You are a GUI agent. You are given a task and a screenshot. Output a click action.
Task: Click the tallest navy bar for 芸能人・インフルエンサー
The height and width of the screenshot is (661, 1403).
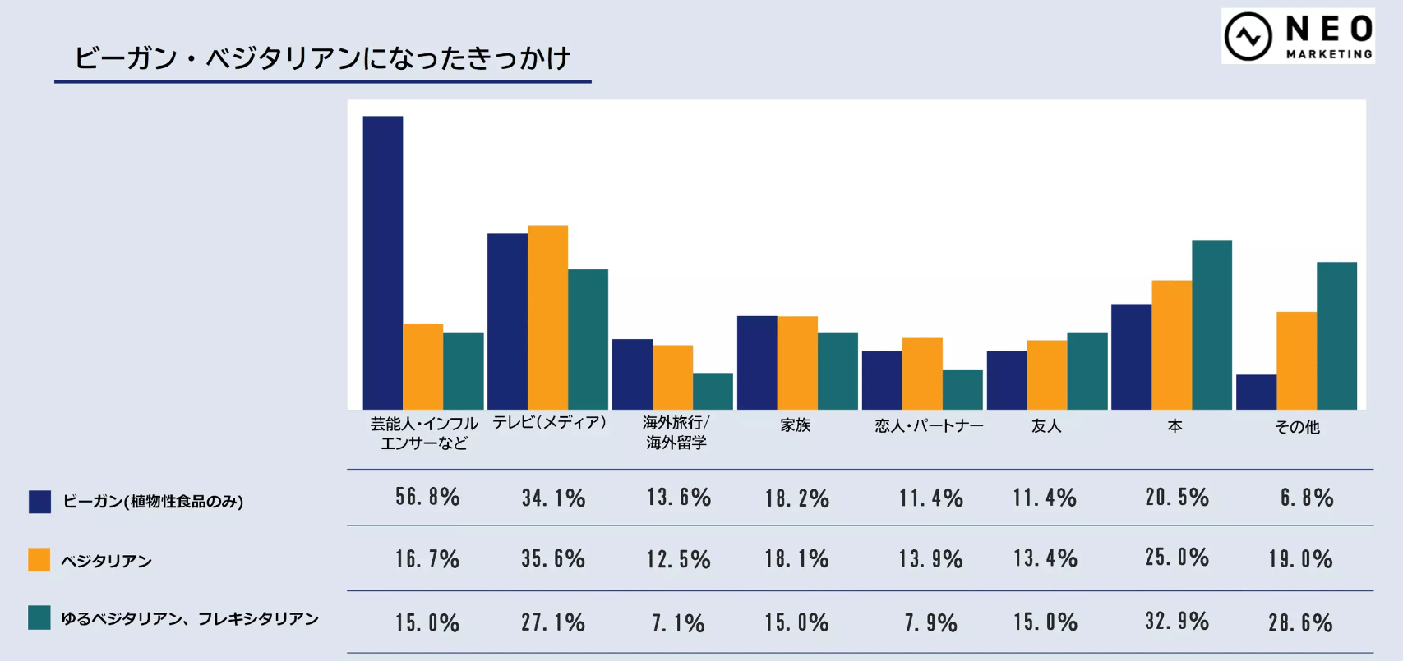tap(383, 263)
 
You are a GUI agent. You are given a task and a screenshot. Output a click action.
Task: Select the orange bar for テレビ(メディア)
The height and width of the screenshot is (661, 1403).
tap(547, 317)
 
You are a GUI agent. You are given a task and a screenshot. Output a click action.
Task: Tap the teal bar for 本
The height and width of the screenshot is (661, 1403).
tap(1211, 324)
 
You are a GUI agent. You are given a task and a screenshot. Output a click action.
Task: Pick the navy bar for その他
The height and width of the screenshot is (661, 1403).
tap(1256, 392)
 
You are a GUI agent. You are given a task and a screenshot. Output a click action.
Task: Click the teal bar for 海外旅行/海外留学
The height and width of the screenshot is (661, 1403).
tap(713, 391)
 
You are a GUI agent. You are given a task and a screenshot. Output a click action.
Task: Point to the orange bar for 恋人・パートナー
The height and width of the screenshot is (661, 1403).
tap(922, 374)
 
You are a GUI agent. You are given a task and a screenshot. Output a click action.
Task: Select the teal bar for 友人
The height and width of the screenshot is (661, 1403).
tap(1087, 370)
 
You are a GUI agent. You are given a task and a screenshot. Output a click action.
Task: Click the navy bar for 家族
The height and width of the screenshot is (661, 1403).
tap(757, 362)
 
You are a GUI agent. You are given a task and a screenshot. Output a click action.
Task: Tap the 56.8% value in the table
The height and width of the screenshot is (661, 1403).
tap(427, 497)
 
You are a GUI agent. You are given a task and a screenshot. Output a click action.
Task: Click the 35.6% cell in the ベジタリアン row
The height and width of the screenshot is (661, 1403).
tap(553, 559)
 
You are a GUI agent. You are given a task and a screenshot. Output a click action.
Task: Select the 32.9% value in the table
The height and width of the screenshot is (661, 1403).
tap(1177, 621)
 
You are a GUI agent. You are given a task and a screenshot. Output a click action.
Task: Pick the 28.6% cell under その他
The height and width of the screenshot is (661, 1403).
tap(1300, 622)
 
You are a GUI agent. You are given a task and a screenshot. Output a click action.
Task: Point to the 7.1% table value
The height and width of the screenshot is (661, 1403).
tap(678, 623)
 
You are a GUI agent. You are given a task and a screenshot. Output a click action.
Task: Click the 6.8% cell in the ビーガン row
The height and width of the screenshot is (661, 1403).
tap(1307, 498)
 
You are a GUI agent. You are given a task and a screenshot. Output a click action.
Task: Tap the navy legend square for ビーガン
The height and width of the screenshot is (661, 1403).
tap(39, 501)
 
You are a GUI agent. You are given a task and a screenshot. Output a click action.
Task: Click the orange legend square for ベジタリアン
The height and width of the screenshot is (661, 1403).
tap(39, 560)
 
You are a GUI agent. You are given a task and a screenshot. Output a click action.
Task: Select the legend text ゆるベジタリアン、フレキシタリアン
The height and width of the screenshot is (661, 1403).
tap(190, 618)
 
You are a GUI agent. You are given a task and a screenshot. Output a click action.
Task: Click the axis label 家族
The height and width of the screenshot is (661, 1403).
tap(796, 425)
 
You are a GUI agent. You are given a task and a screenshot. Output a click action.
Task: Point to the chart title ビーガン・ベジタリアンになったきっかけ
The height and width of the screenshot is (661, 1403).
tap(322, 58)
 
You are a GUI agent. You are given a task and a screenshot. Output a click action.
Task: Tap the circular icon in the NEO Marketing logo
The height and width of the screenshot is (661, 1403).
tap(1248, 36)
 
